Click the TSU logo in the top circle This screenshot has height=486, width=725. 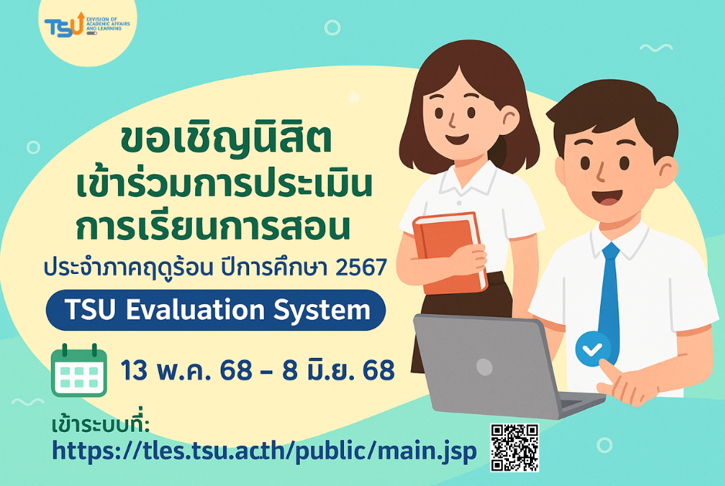(87, 25)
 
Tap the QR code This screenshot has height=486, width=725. (514, 447)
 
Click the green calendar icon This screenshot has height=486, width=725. (79, 370)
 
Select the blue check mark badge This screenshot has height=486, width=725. (593, 349)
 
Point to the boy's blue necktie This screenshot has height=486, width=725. (609, 296)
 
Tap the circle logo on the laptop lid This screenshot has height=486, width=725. (484, 367)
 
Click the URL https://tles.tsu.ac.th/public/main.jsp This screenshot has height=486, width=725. (264, 451)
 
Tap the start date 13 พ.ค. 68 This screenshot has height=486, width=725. (187, 370)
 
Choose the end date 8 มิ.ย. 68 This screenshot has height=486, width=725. (339, 370)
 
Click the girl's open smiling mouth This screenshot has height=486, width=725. (457, 138)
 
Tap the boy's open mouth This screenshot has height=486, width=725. (611, 196)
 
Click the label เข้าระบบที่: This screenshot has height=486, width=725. (101, 424)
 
